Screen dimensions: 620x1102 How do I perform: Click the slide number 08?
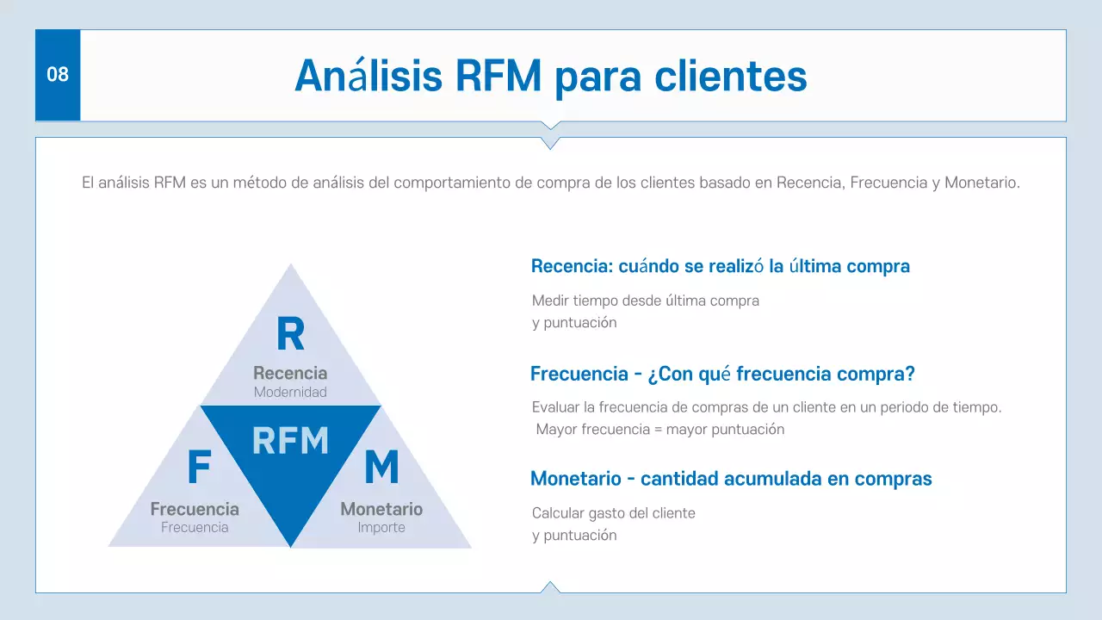tap(57, 75)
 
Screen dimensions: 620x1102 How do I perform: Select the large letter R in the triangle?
tap(290, 335)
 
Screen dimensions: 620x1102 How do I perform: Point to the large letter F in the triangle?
tap(199, 468)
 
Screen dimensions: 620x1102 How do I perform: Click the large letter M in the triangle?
tap(381, 468)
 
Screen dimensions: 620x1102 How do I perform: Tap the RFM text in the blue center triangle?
tap(290, 440)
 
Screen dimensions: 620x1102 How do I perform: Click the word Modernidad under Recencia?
tap(290, 392)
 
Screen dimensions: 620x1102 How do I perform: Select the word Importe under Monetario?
tap(381, 527)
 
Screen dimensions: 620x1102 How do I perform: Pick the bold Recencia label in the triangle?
tap(290, 373)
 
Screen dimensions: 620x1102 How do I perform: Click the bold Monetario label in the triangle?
tap(381, 509)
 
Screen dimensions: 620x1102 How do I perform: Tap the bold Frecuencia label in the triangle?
tap(195, 509)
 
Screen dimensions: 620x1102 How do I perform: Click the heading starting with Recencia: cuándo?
tap(720, 266)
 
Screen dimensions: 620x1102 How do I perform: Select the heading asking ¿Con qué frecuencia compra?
tap(722, 374)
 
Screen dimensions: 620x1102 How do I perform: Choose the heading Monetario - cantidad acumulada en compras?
tap(731, 479)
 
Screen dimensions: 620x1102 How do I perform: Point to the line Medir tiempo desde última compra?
tap(645, 301)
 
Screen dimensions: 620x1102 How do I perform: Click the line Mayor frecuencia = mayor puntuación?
tap(659, 429)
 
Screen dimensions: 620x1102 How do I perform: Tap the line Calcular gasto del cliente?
tap(613, 513)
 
